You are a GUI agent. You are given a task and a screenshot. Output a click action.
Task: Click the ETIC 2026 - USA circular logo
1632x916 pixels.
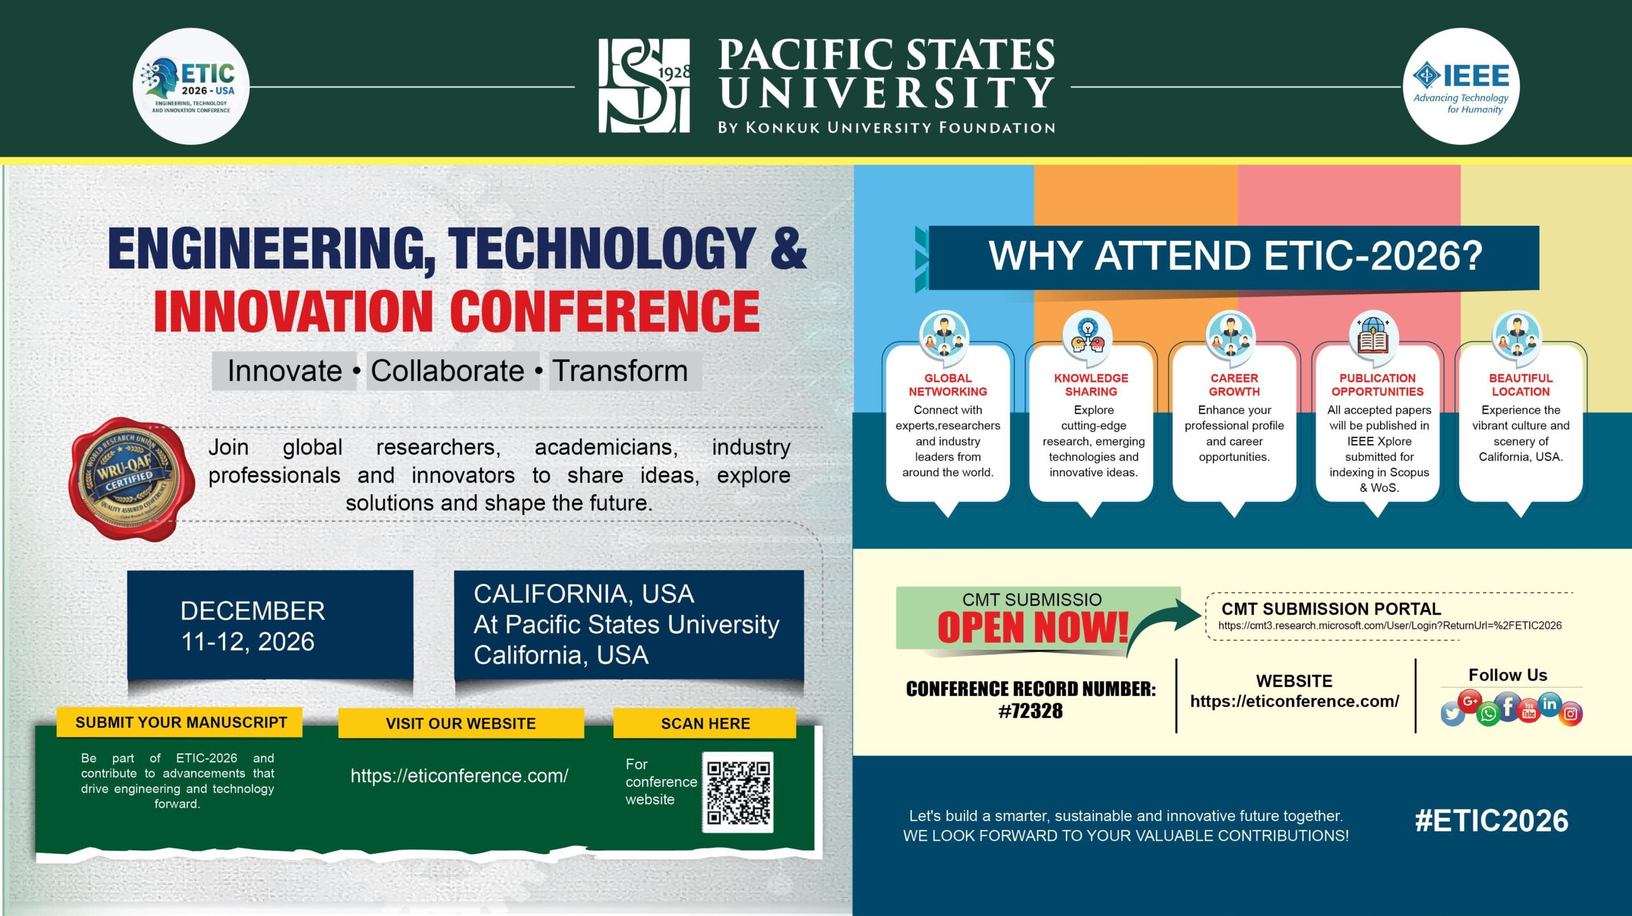191,86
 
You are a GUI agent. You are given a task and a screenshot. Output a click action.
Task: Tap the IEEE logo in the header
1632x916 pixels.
1461,86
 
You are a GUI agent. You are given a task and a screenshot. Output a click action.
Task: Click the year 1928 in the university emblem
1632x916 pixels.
674,73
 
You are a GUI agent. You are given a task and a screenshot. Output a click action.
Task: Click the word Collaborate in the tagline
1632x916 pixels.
448,371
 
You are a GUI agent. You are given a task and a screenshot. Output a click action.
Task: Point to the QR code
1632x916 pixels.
738,792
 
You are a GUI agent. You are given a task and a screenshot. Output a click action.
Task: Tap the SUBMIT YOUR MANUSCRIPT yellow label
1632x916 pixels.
180,722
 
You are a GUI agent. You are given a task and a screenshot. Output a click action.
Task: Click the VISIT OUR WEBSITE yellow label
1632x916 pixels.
460,723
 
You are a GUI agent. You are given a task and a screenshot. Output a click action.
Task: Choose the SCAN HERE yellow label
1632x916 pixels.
705,723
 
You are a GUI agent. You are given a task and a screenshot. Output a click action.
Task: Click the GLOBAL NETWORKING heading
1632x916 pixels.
948,385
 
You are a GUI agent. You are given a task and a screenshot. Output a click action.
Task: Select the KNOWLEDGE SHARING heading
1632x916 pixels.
1091,385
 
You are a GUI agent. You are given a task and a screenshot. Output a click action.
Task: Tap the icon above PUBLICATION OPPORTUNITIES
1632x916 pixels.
1374,335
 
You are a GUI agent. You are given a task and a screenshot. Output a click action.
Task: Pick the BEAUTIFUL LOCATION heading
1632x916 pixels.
1520,385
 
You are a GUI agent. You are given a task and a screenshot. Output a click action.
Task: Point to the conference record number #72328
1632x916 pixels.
1031,711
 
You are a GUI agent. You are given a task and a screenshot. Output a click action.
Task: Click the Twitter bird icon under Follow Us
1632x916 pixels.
1452,714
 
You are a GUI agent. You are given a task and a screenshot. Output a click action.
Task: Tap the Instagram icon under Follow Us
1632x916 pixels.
1570,714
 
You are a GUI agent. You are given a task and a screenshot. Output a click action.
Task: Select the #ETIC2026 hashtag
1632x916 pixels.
1491,821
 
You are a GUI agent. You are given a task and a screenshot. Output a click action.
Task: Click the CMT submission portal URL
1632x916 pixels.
1390,626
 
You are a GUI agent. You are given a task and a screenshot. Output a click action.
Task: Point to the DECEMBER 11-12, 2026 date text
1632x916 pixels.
252,626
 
